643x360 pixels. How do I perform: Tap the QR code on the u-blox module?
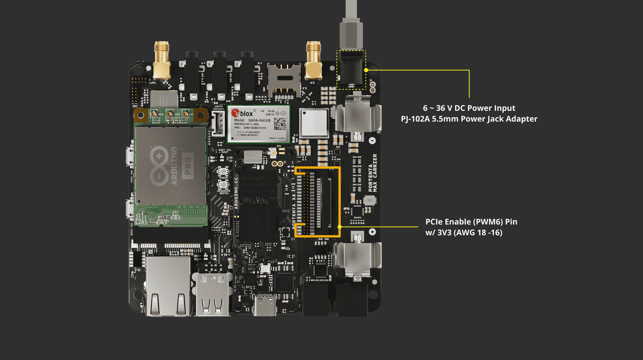tap(280, 124)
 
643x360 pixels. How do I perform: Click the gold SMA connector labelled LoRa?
tap(161, 60)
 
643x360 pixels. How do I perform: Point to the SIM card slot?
tap(284, 79)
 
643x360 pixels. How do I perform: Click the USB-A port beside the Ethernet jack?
tap(212, 294)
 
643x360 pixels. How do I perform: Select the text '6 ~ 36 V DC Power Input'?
tap(469, 108)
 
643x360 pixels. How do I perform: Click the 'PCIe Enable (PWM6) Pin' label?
tap(471, 222)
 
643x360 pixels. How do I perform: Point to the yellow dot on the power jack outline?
tap(366, 70)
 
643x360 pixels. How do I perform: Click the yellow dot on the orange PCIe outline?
tap(340, 227)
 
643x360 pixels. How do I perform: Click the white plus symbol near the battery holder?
tap(372, 232)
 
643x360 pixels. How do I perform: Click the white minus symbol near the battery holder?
tap(372, 140)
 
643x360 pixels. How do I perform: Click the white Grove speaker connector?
tap(218, 123)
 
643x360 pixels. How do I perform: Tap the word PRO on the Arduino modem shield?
tap(188, 166)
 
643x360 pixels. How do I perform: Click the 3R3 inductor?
tap(370, 200)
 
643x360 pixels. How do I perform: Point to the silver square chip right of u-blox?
tap(314, 123)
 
